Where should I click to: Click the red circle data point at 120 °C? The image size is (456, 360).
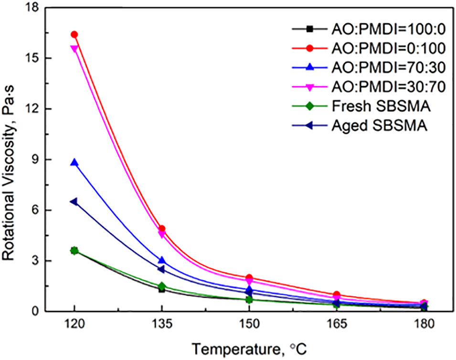click(x=74, y=34)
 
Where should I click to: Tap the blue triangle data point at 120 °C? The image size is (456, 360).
click(x=74, y=162)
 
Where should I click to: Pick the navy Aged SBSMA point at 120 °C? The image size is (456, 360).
click(x=74, y=201)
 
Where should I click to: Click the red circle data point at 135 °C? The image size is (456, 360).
click(x=162, y=229)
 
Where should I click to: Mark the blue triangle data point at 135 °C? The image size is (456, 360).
click(x=162, y=260)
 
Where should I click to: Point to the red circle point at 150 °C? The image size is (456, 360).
click(x=249, y=277)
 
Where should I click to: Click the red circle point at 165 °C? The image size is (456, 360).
click(x=337, y=295)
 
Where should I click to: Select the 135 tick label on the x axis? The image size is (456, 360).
click(x=162, y=325)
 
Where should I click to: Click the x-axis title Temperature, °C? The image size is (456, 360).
click(x=249, y=350)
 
